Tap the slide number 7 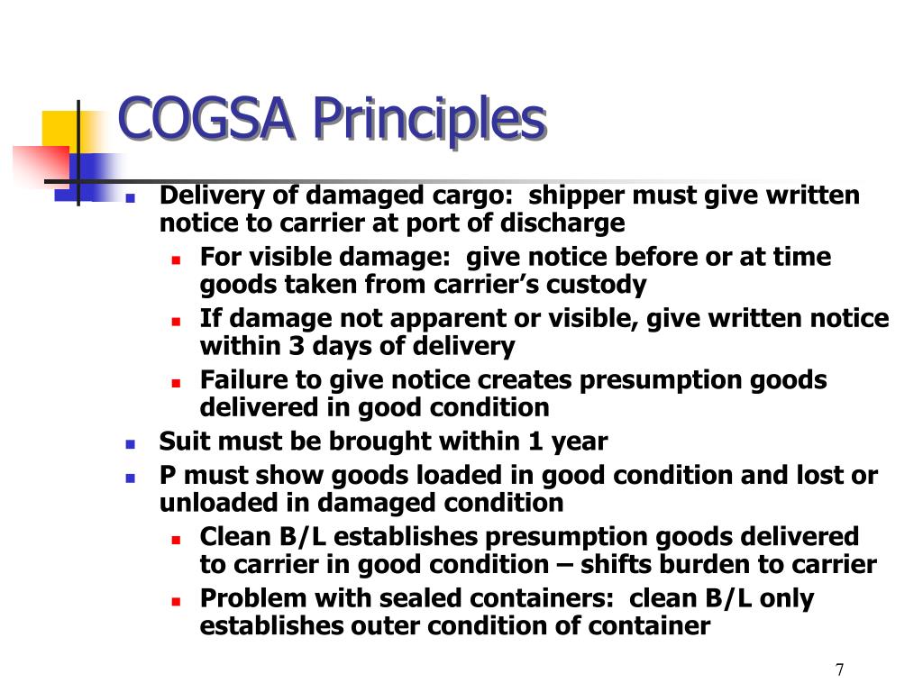(x=840, y=669)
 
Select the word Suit (x=181, y=442)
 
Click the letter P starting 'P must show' (x=168, y=476)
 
